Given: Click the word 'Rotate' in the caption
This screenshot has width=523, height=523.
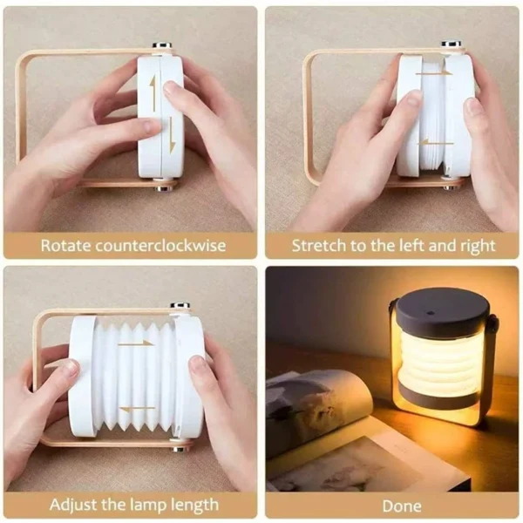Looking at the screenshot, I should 65,246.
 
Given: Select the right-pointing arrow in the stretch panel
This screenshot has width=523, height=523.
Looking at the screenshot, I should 434,73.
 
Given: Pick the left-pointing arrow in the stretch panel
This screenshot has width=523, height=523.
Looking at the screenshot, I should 436,142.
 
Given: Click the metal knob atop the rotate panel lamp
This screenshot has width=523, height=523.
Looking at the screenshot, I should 162,46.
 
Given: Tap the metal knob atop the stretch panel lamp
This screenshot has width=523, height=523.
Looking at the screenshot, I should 451,44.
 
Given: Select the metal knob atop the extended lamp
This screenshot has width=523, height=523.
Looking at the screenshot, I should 180,307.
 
